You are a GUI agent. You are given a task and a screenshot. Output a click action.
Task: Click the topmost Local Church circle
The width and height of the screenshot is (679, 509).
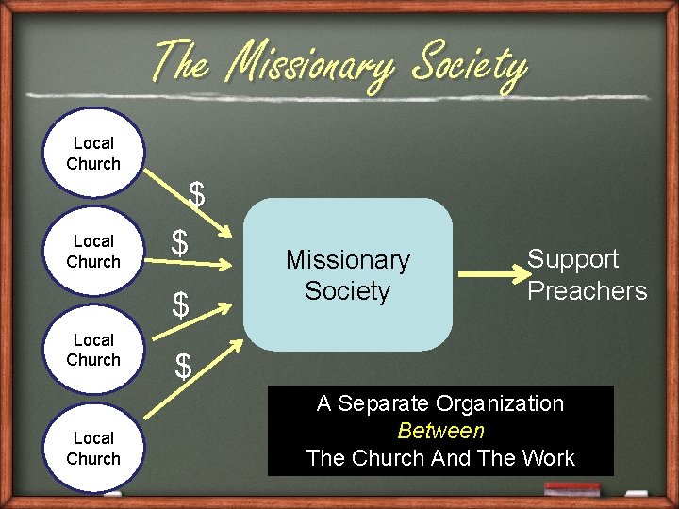point(93,154)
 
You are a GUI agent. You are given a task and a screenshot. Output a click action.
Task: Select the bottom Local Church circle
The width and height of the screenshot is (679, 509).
point(93,449)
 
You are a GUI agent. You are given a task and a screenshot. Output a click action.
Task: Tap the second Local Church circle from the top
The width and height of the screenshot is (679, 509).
point(93,252)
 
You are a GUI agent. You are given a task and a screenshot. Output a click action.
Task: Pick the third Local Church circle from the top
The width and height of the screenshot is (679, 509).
point(93,350)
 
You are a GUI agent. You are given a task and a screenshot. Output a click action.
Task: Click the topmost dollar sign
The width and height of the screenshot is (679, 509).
point(196,194)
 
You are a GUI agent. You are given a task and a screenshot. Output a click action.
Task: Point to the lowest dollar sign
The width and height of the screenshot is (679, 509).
point(184,366)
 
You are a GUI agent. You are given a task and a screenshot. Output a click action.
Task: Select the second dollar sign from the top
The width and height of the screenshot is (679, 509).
point(179,242)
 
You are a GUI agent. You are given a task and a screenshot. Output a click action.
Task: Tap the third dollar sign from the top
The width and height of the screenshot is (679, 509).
point(180,304)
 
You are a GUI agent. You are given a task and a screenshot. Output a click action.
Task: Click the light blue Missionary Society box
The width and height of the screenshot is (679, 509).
point(348,274)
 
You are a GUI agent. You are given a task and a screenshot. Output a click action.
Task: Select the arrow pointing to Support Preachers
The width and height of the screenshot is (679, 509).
point(490,274)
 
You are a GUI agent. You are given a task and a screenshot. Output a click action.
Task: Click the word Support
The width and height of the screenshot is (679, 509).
point(572,259)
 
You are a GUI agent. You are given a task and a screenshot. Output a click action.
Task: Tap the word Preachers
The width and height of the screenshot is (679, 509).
point(587,290)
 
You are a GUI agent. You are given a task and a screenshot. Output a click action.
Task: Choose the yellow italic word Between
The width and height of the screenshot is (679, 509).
point(440,431)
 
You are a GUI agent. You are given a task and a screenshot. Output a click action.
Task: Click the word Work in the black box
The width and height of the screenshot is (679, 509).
point(546,458)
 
